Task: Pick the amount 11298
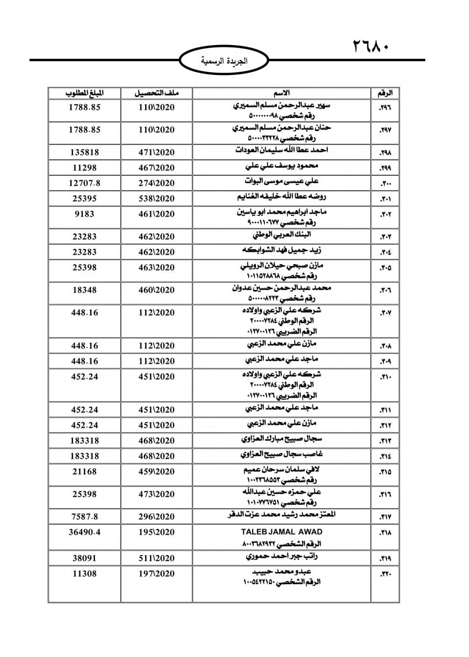(x=84, y=166)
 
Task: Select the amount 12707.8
(x=84, y=182)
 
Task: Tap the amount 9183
(x=84, y=213)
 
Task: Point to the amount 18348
(x=84, y=289)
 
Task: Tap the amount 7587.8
(x=84, y=516)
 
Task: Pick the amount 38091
(x=84, y=558)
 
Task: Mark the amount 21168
(x=84, y=472)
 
